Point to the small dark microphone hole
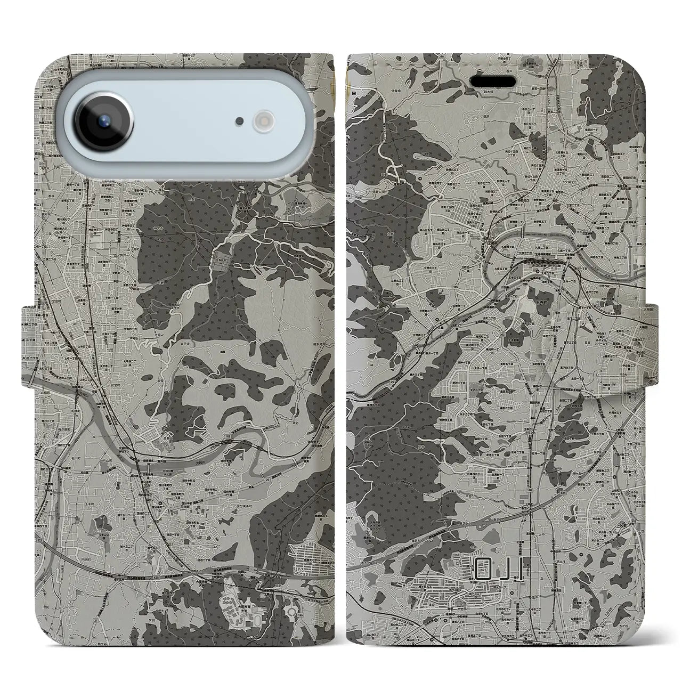coord(240,121)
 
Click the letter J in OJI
coord(505,572)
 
